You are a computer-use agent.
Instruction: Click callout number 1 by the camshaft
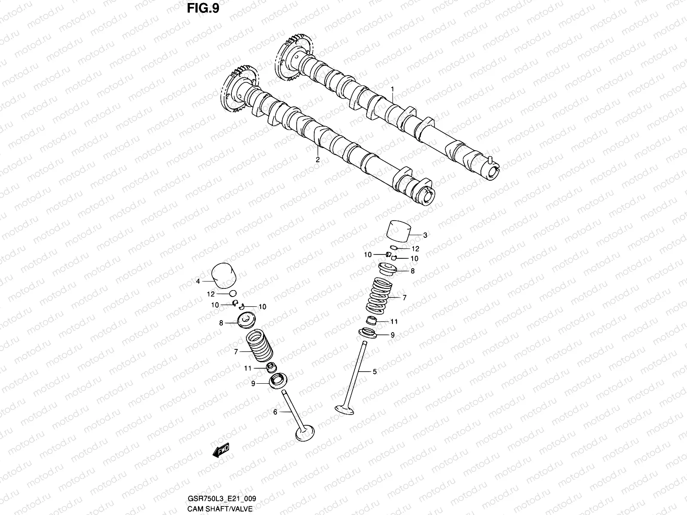pyautogui.click(x=392, y=89)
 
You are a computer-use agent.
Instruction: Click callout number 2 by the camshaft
pyautogui.click(x=318, y=159)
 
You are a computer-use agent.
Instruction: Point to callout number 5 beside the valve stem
pyautogui.click(x=374, y=372)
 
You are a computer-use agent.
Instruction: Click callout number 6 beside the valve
pyautogui.click(x=275, y=412)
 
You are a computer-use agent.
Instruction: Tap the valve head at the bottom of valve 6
pyautogui.click(x=305, y=432)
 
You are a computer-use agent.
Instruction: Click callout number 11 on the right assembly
pyautogui.click(x=394, y=321)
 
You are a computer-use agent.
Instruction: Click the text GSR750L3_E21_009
pyautogui.click(x=222, y=499)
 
